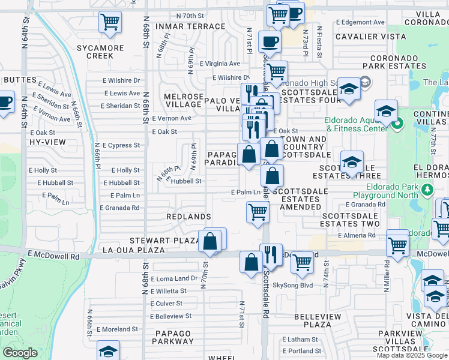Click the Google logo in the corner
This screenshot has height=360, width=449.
(x=20, y=353)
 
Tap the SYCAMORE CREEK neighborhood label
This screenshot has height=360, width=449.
(x=100, y=52)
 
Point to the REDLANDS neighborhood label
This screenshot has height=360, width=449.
(x=189, y=216)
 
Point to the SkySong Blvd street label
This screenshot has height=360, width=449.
(x=293, y=286)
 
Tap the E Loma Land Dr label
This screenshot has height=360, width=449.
(x=174, y=278)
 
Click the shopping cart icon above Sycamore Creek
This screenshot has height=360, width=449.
(x=110, y=22)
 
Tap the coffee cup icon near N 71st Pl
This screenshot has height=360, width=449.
(x=269, y=42)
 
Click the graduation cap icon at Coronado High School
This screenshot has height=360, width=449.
(x=348, y=90)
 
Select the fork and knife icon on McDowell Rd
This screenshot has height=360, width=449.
(x=271, y=254)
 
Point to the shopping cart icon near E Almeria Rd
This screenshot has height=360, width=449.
(x=397, y=244)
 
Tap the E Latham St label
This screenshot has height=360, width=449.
(x=302, y=340)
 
